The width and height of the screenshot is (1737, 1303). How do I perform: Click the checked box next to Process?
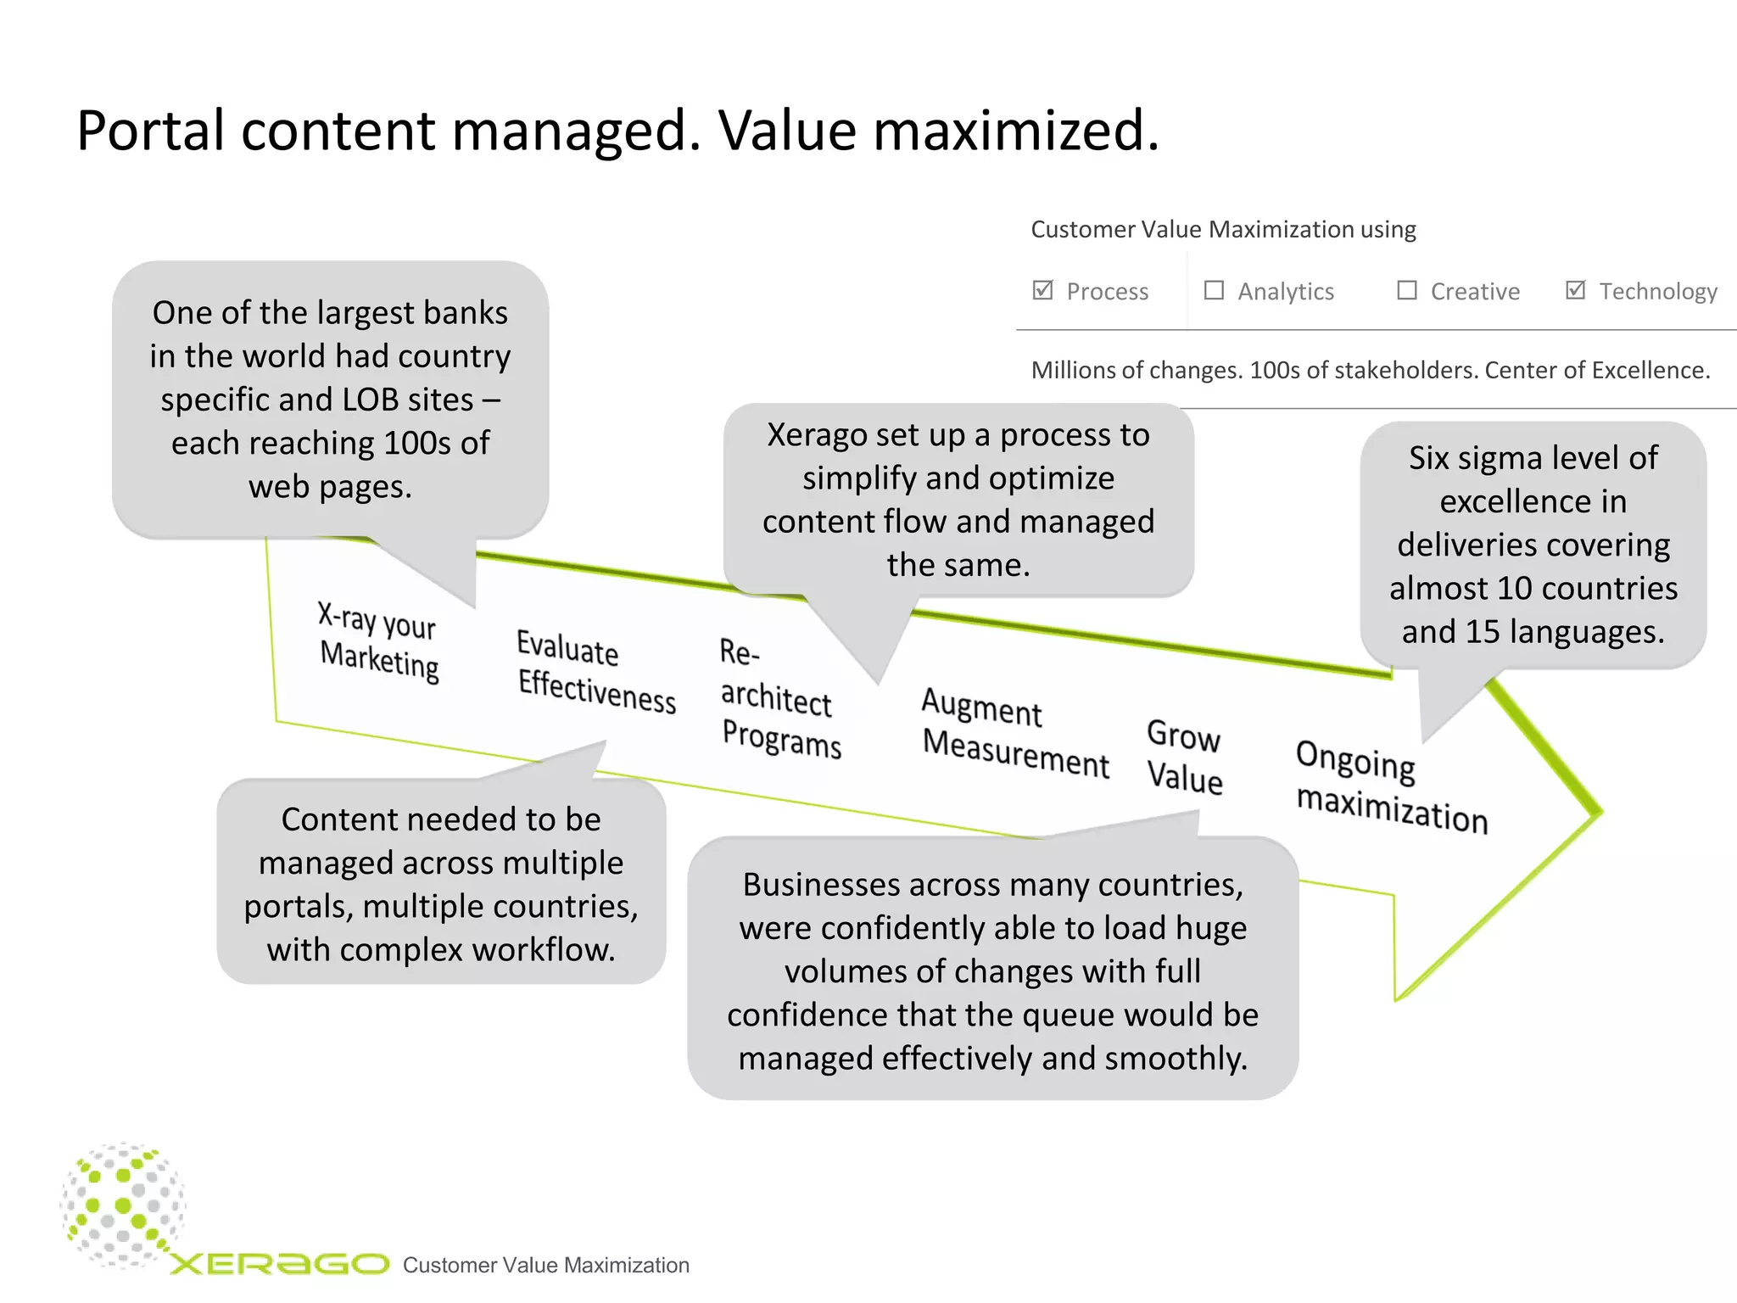point(1042,290)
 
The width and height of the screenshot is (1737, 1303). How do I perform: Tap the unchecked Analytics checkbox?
point(1214,290)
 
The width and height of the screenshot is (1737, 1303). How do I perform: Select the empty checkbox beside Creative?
point(1406,290)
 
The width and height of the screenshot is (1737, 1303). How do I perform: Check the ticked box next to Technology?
point(1575,290)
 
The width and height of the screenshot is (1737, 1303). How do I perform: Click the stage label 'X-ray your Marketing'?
point(378,641)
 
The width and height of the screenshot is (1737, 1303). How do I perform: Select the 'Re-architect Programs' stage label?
point(778,698)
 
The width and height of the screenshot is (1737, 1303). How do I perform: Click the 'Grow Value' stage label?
point(1184,757)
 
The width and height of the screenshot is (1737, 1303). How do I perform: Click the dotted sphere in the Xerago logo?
point(124,1205)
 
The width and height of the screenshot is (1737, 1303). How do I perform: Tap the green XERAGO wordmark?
point(279,1264)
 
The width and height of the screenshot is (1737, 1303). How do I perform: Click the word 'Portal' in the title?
point(149,131)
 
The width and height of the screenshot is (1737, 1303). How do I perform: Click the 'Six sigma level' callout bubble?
point(1533,544)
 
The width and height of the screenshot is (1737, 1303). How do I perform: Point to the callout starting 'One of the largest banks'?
point(330,400)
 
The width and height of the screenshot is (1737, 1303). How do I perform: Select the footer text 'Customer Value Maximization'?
point(545,1265)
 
